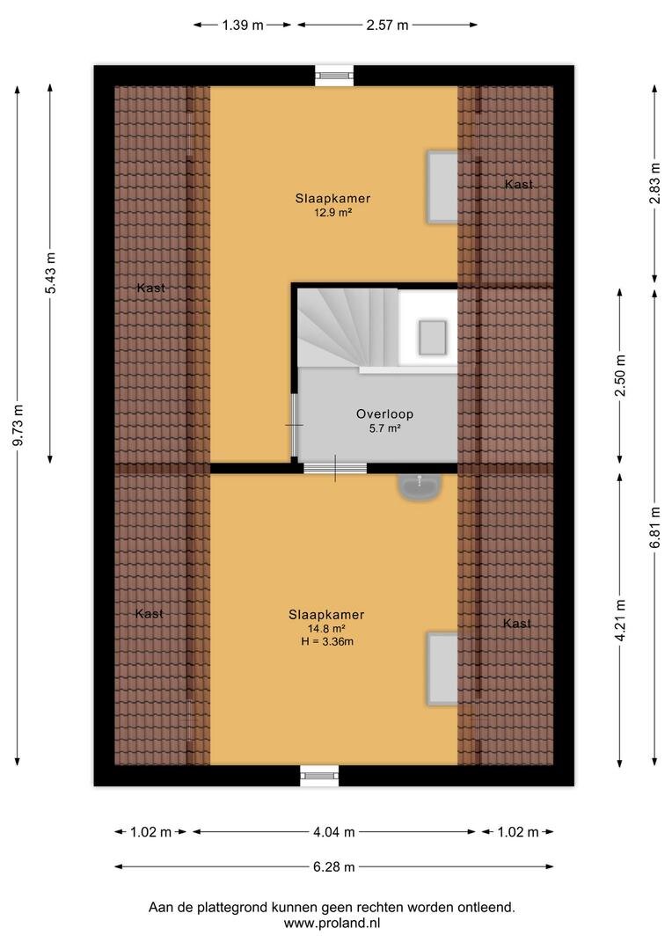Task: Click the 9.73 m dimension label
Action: pos(18,425)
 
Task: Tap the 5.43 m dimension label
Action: pos(51,273)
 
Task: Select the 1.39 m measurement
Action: pos(243,25)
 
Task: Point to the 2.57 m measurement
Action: pos(387,25)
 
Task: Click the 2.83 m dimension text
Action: pos(655,184)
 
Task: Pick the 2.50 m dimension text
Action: pos(620,375)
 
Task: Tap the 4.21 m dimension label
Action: pos(620,620)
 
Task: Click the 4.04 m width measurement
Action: pos(334,832)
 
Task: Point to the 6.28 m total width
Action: pos(334,866)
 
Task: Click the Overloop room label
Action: pos(384,413)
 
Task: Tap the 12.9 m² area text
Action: pos(332,213)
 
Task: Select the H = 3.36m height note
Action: pos(327,641)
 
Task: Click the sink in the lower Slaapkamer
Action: pos(420,486)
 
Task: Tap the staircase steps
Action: pos(347,327)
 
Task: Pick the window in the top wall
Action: pos(334,75)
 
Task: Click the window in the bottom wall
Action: pos(319,776)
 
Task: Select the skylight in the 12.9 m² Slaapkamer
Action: pos(442,186)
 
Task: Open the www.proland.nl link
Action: pos(332,924)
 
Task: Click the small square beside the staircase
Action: pos(433,338)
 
